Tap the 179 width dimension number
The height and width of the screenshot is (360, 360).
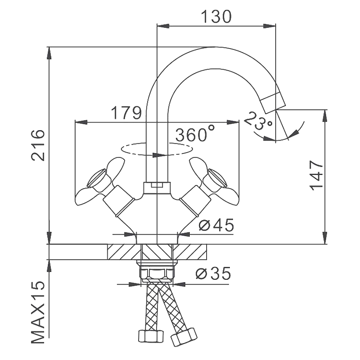tap(125, 113)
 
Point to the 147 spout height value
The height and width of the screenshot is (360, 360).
tap(316, 175)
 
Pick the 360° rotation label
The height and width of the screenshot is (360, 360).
tap(195, 134)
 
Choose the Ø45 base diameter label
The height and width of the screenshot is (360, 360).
tap(216, 225)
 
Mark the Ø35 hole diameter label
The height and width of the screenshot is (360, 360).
tap(213, 274)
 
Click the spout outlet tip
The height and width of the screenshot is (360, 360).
tap(273, 102)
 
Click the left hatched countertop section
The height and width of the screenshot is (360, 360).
tap(123, 253)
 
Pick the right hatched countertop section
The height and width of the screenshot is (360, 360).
tap(191, 253)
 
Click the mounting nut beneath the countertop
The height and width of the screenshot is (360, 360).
tap(157, 271)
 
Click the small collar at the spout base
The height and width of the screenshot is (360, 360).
tap(156, 186)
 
